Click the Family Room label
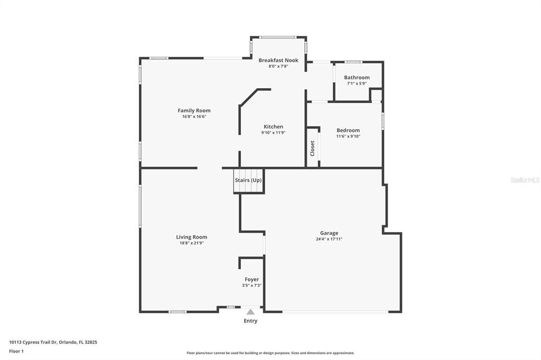[x=194, y=110]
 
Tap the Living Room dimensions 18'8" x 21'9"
[x=191, y=243]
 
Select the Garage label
[x=329, y=233]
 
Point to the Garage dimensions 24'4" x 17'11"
[x=329, y=239]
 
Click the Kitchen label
[x=273, y=127]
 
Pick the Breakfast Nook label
[x=278, y=60]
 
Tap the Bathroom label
[x=357, y=77]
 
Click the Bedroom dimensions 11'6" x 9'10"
[x=348, y=136]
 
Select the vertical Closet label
[x=312, y=148]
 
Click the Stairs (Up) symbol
[x=248, y=181]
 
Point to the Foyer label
[x=251, y=279]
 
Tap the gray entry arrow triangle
[x=250, y=312]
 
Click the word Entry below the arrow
[x=250, y=321]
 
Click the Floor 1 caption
[x=16, y=351]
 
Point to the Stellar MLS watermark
[x=525, y=180]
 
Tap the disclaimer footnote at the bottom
[x=270, y=353]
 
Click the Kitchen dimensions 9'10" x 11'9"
[x=273, y=133]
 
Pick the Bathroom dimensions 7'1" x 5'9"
[x=357, y=83]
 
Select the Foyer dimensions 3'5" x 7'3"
[x=251, y=286]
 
